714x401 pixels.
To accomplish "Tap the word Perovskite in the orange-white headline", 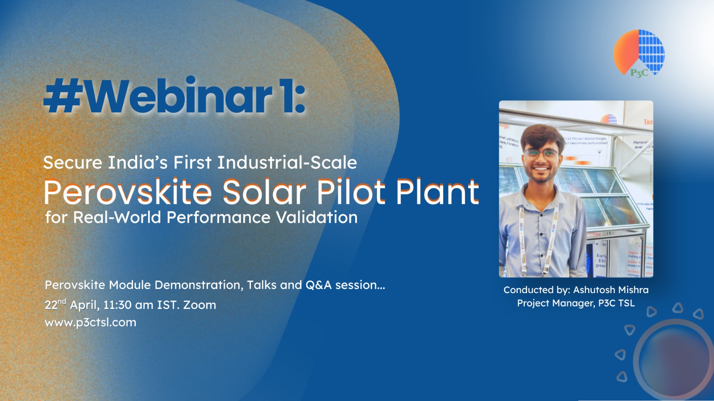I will [x=128, y=193].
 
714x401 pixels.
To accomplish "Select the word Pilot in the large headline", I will [x=351, y=193].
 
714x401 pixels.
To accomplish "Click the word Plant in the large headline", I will [x=437, y=193].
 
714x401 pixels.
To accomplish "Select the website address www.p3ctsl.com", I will [x=91, y=322].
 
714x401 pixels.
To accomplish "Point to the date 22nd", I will [x=55, y=305].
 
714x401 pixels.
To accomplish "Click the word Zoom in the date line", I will [x=199, y=305].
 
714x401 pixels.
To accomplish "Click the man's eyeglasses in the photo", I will [x=541, y=153].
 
